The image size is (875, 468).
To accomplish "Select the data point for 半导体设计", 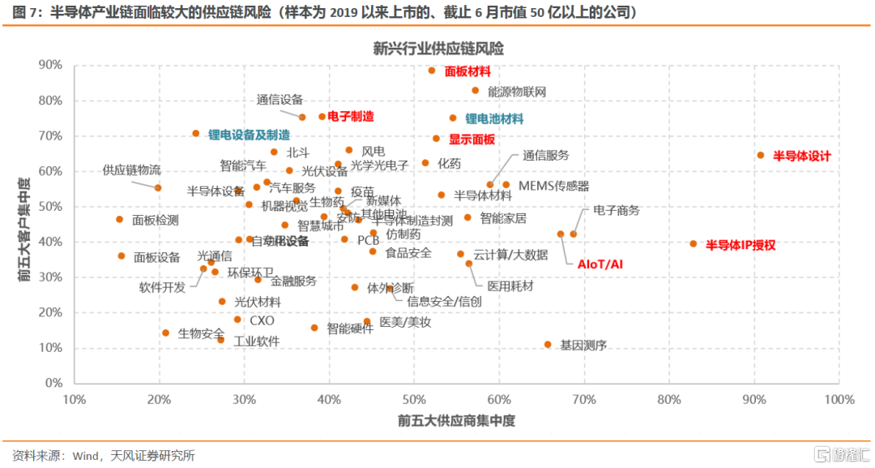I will point(760,155).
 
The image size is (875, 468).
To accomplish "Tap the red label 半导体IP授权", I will point(741,244).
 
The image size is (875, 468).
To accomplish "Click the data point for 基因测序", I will point(548,345).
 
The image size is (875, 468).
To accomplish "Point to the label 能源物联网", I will point(517,92).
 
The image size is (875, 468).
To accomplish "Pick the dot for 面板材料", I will point(432,71).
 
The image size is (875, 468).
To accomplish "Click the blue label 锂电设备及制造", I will point(249,135).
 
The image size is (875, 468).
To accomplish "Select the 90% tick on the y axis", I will point(52,65).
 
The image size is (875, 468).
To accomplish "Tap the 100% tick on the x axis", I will point(839,400).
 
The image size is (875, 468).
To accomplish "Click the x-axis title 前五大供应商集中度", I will point(456,422).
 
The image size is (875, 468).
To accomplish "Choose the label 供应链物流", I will point(131,170).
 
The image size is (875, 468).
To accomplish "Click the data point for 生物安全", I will point(165,333).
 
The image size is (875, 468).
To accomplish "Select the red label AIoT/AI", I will point(600,264).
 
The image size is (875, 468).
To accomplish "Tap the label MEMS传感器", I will point(553,186).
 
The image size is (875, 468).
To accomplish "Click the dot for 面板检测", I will point(119,219).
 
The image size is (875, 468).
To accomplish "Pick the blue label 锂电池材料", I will point(494,118).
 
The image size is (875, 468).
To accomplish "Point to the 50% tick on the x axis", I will point(414,400).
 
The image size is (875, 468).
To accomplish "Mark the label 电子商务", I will point(616,210).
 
